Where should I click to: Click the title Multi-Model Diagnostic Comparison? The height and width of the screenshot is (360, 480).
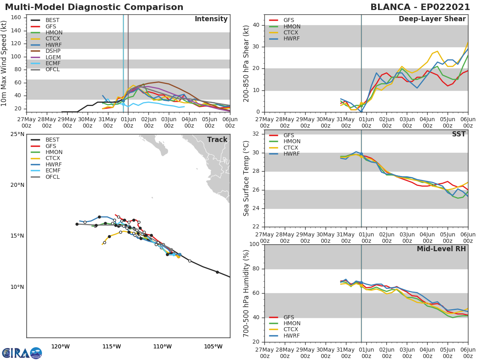click(x=94, y=7)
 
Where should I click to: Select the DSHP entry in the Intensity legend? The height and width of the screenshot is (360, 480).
click(x=53, y=51)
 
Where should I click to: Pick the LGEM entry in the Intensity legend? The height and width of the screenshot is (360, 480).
click(x=53, y=57)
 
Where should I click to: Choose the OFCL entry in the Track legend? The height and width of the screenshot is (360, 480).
click(x=53, y=177)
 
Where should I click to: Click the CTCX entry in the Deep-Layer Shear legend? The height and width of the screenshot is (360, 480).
click(x=292, y=33)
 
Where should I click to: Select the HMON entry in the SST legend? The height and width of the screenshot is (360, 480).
click(x=292, y=142)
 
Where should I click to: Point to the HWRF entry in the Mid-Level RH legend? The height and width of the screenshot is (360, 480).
click(x=292, y=336)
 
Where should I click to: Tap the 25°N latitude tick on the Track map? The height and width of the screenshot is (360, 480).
click(x=17, y=134)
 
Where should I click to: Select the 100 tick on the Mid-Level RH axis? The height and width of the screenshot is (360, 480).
click(x=253, y=244)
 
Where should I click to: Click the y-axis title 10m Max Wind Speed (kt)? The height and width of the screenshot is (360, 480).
click(x=4, y=64)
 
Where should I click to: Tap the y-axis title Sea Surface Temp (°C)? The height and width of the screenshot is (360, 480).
click(x=246, y=178)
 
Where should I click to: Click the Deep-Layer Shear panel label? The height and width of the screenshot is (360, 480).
click(x=432, y=19)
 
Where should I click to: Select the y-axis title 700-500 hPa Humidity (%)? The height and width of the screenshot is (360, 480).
click(x=246, y=293)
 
